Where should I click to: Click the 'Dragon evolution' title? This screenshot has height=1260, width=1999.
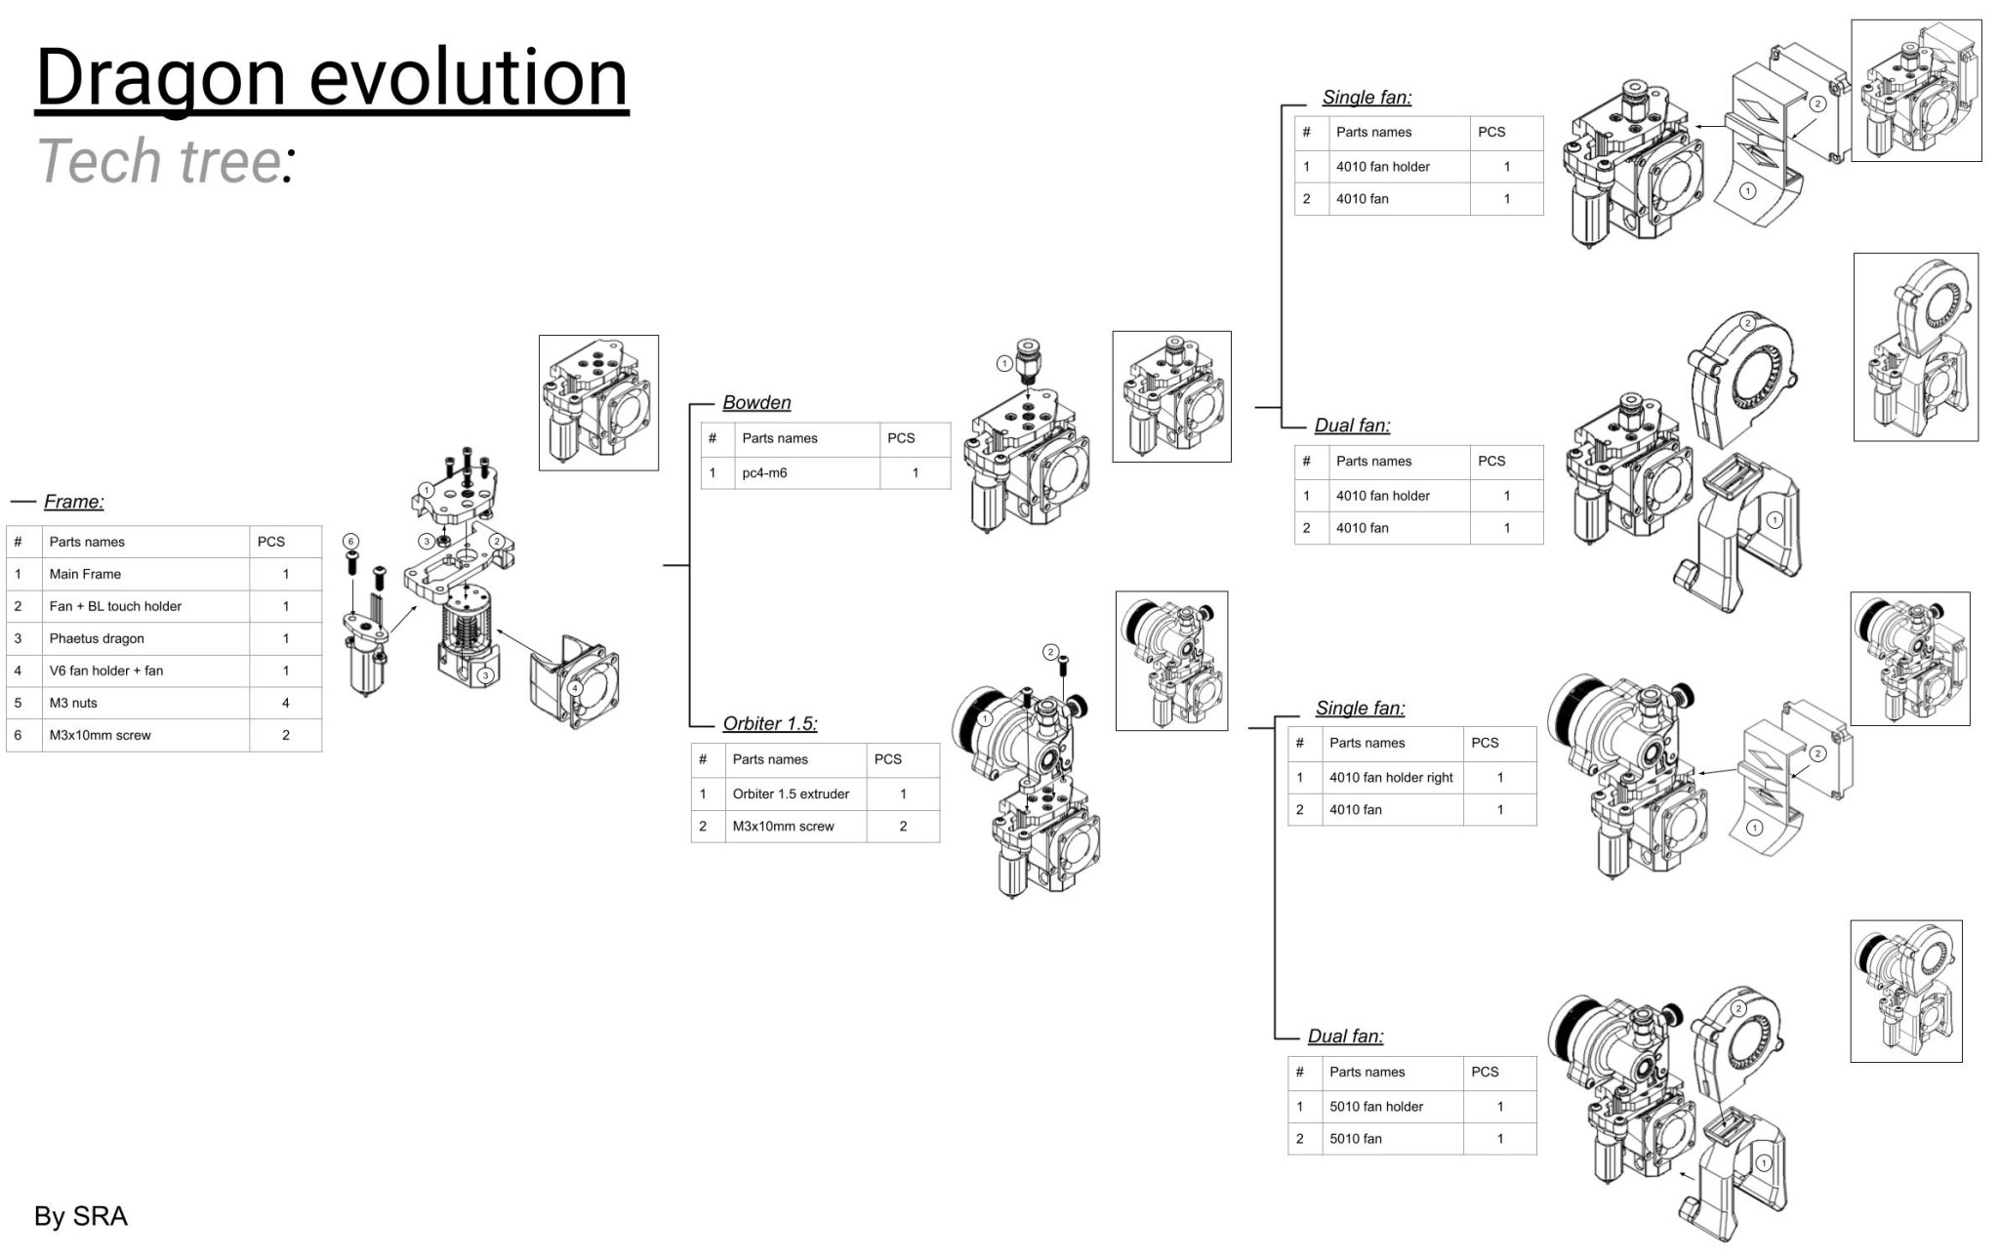(x=332, y=78)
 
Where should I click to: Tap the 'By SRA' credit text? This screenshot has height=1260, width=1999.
(x=81, y=1216)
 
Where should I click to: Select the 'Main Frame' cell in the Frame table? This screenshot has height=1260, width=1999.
(x=85, y=574)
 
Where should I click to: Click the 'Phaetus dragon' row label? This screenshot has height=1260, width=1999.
(x=97, y=638)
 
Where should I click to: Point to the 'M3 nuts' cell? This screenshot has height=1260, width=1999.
(x=73, y=703)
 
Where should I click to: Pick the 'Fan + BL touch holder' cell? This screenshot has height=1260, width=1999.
(x=115, y=606)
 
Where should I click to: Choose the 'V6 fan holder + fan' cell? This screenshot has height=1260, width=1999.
(x=106, y=671)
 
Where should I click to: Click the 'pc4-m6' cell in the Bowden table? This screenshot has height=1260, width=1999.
(x=764, y=473)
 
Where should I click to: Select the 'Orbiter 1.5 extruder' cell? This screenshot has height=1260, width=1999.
(x=791, y=794)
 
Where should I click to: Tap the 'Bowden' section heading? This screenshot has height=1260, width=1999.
(x=756, y=403)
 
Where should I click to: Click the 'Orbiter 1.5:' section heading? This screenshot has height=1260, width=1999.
(x=770, y=724)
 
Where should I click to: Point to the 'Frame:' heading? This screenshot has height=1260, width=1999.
(x=73, y=502)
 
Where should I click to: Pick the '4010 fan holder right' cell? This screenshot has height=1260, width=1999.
(x=1391, y=778)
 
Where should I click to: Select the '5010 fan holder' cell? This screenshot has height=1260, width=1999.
(x=1376, y=1107)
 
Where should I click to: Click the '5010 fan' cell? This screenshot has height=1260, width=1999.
(x=1356, y=1139)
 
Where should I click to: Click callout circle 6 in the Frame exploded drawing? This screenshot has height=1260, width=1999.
(x=351, y=542)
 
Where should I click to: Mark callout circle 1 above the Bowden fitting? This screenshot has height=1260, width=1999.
(x=1004, y=364)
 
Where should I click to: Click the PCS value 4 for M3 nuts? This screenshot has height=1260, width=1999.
(x=286, y=703)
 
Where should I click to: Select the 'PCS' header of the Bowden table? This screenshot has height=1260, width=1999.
(x=901, y=438)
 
